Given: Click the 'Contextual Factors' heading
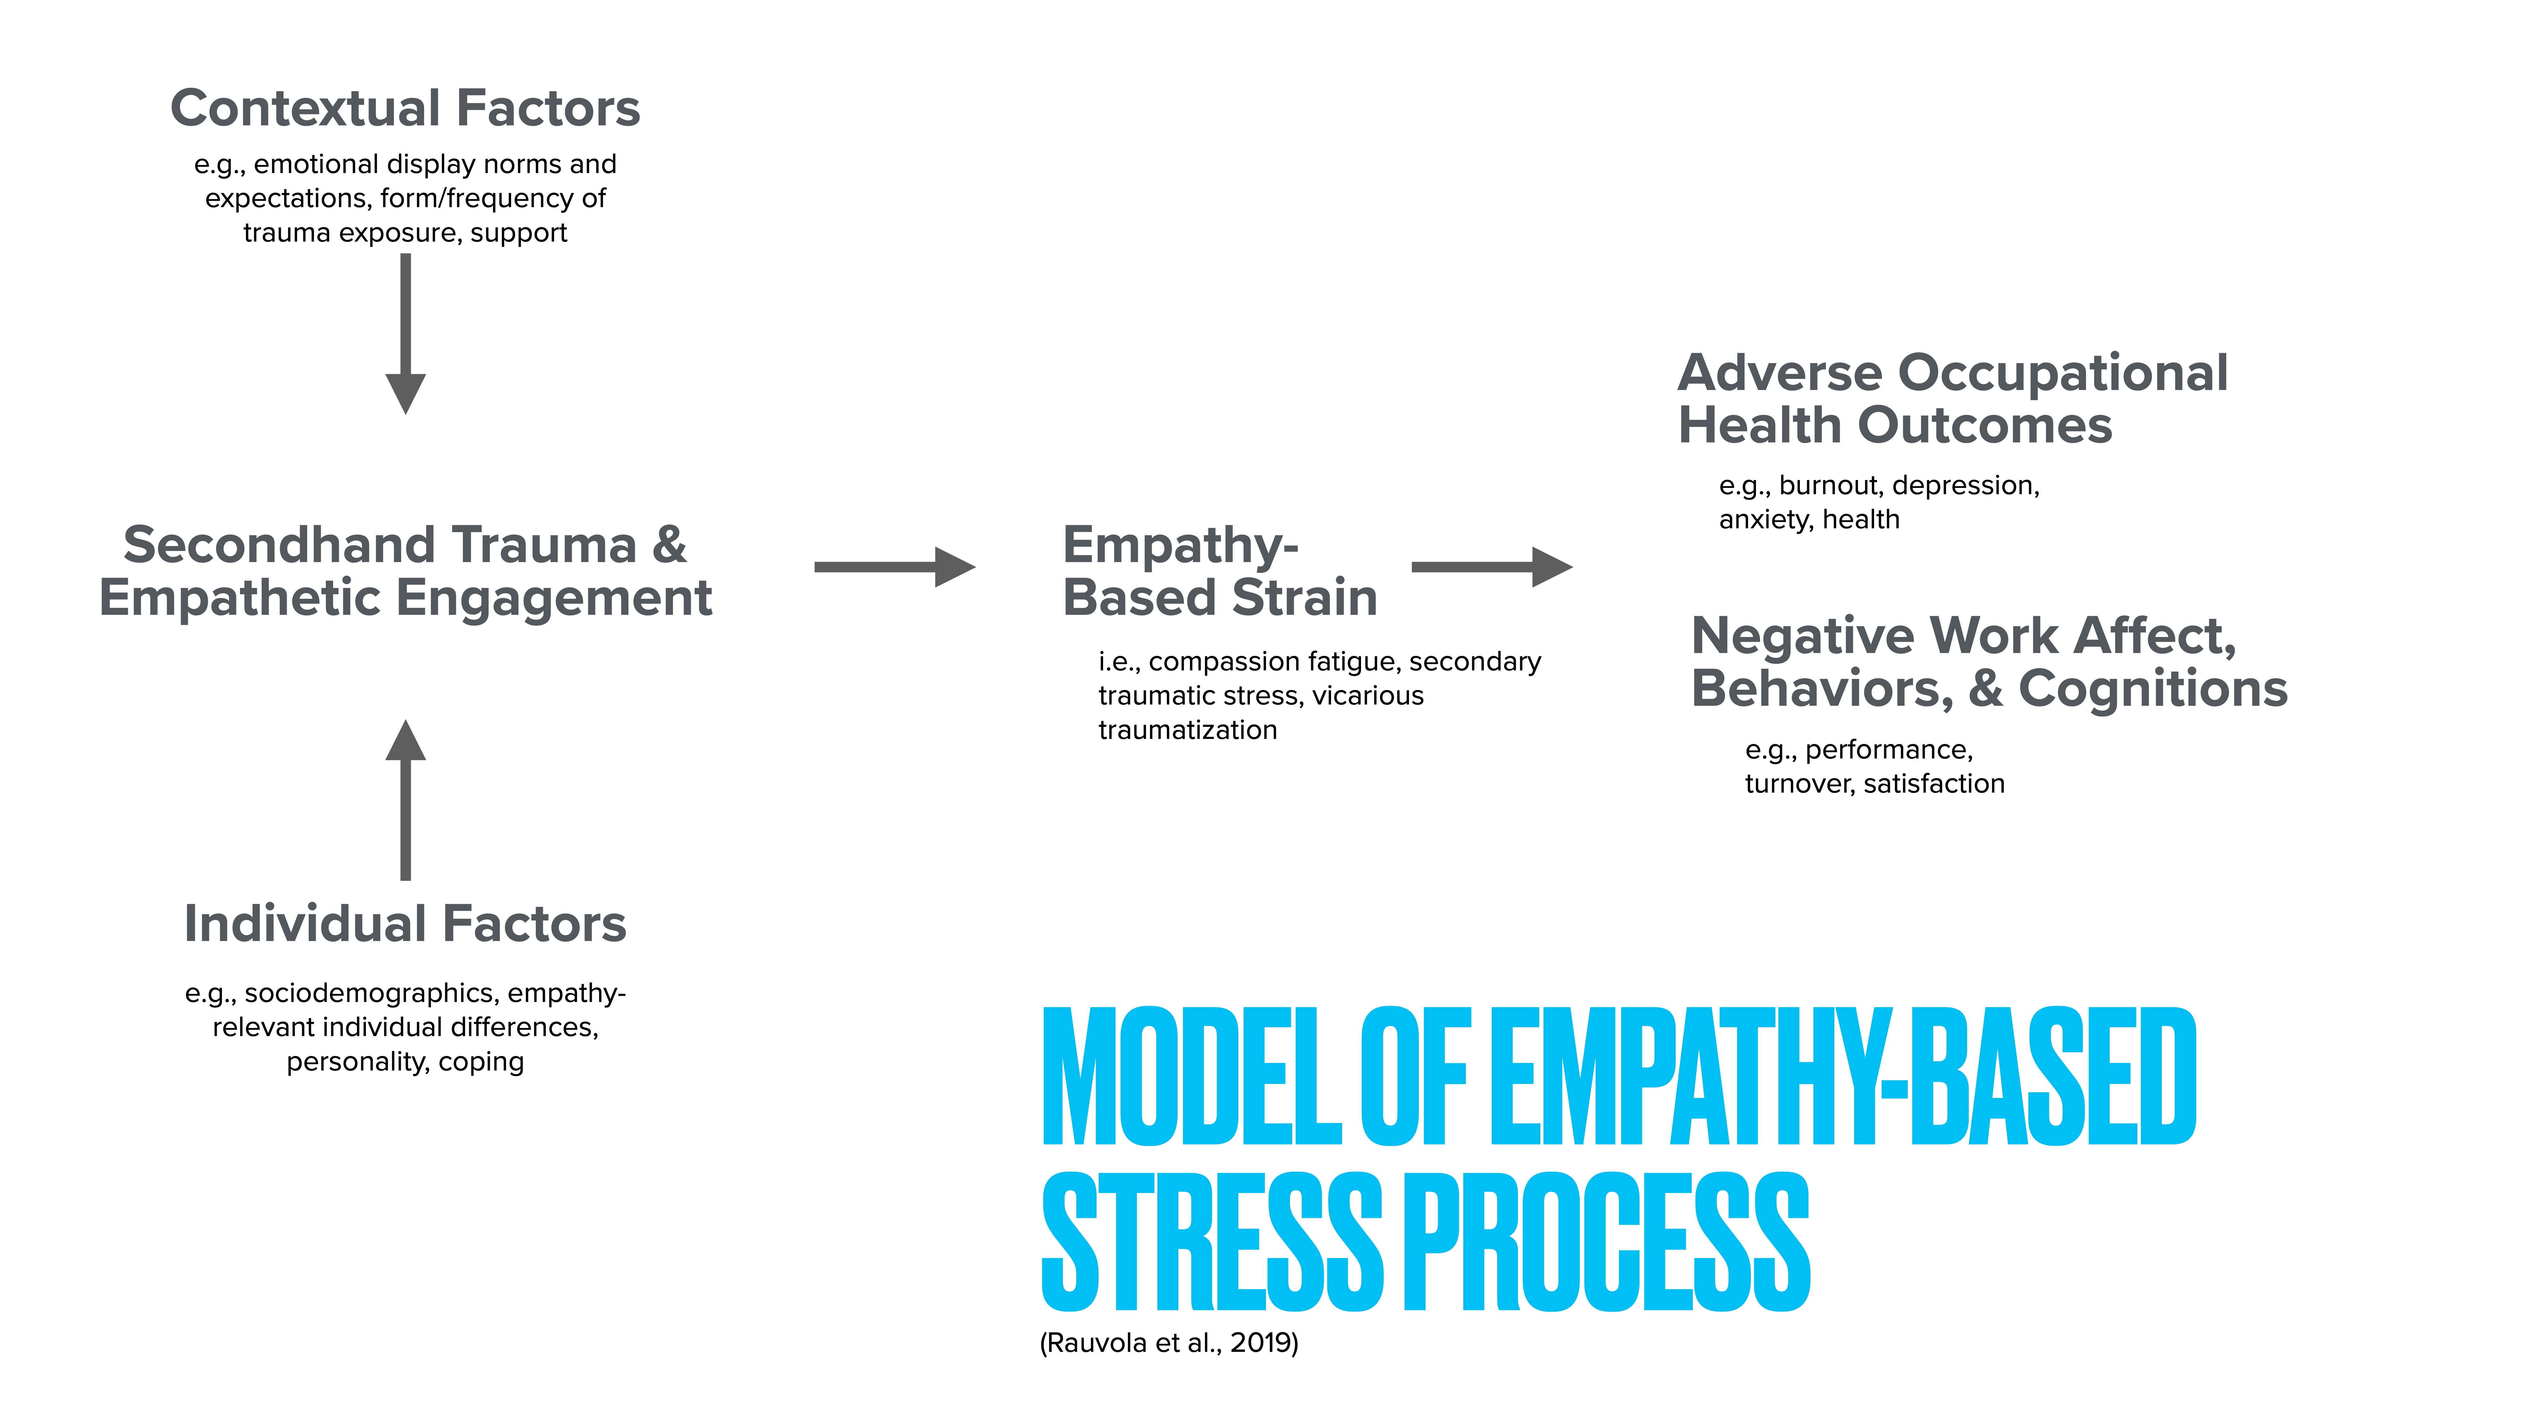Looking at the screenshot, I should point(405,108).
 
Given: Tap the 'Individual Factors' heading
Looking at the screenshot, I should point(405,924).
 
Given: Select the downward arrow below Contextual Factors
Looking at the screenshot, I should point(405,333).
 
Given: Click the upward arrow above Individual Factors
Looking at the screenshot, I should point(405,799).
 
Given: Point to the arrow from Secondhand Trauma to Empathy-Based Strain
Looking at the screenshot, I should point(894,567).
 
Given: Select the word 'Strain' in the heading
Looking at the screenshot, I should point(1304,598).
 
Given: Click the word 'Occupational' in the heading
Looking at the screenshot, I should point(2063,374).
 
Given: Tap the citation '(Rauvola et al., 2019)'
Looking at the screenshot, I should point(1169,1343).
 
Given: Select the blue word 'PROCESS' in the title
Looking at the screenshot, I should point(1608,1243).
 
